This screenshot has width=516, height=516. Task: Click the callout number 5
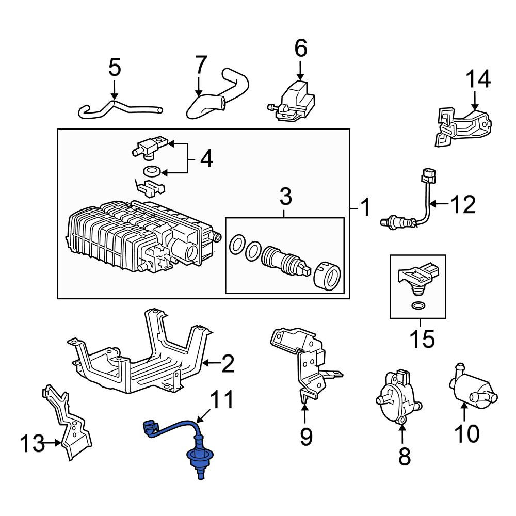click(115, 68)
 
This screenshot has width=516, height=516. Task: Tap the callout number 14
click(478, 79)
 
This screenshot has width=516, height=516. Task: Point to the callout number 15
click(422, 339)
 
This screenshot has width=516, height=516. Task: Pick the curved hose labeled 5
click(119, 108)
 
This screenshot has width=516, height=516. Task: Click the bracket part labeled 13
click(68, 424)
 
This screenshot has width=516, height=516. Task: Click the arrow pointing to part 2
click(211, 363)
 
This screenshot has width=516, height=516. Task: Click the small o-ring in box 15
click(418, 305)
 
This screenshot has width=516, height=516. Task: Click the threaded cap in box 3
click(327, 276)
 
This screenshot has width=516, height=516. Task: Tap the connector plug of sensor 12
click(428, 176)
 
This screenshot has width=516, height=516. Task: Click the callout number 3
click(285, 197)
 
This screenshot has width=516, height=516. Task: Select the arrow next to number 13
click(53, 443)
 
